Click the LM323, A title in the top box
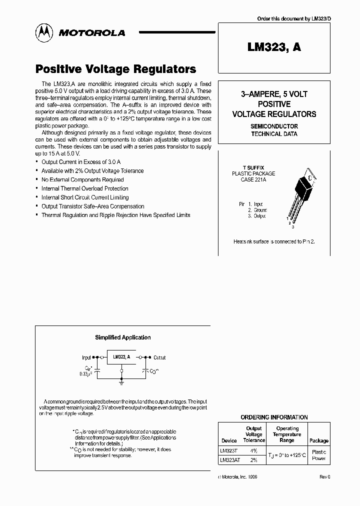pos(274,47)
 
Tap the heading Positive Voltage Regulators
pos(115,69)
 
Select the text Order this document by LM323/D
pos(293,18)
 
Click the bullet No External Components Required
pos(82,179)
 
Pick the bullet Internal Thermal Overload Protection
pos(84,188)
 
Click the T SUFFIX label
pos(253,167)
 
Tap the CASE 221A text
pos(253,179)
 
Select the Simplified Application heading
pos(123,337)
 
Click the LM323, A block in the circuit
pos(121,357)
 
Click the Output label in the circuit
pos(159,357)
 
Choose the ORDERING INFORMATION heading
pos(274,417)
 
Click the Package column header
pos(318,440)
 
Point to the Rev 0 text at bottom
pos(325,477)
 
